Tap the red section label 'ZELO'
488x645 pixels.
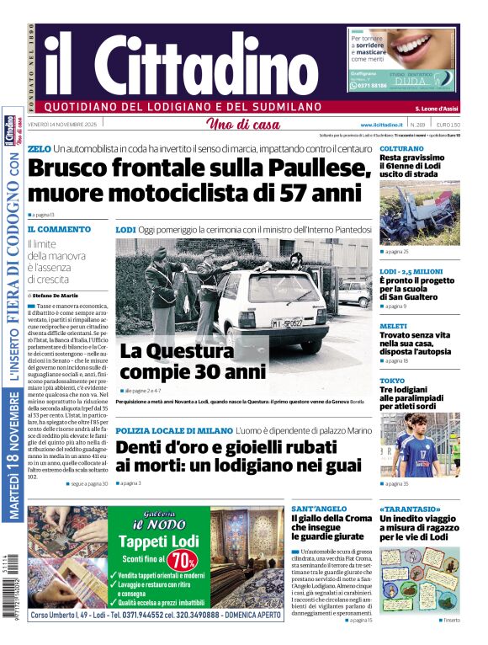(x=39, y=149)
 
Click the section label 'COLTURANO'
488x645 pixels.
(x=401, y=148)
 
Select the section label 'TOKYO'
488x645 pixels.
(x=391, y=381)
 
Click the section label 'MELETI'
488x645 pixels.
(x=393, y=326)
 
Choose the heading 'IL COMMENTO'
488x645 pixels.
(x=59, y=229)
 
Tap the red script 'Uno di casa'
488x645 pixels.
(x=243, y=125)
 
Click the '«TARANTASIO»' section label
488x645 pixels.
(x=408, y=509)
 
